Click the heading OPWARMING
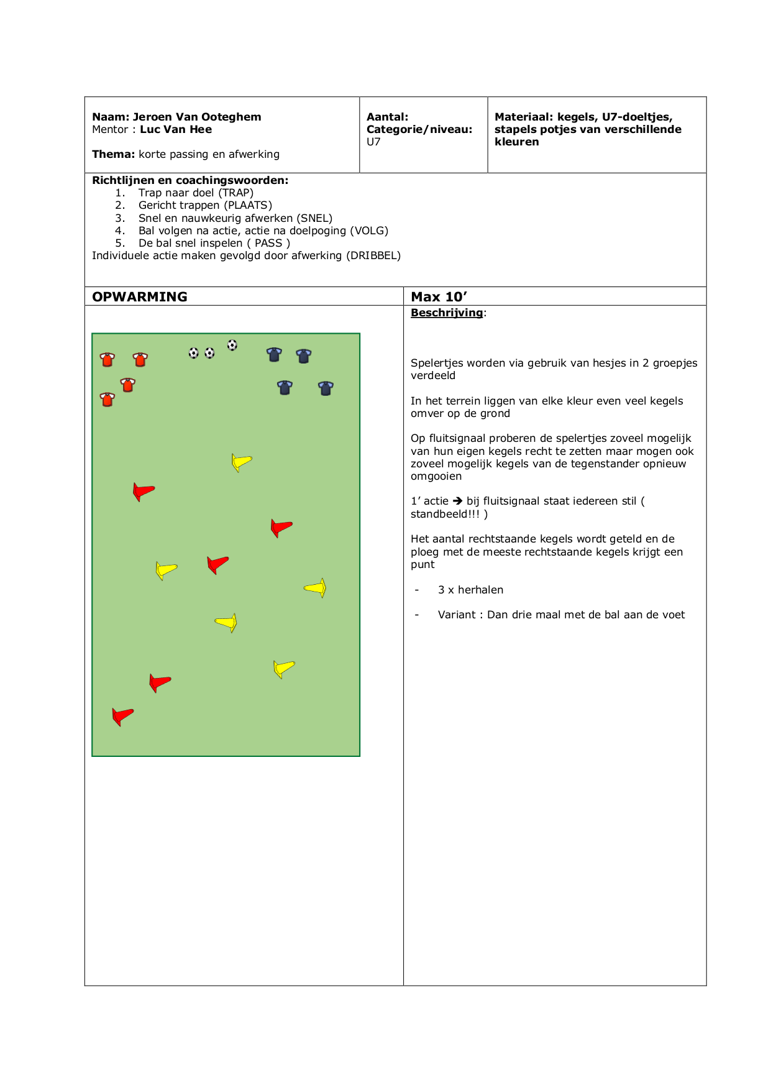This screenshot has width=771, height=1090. click(x=140, y=297)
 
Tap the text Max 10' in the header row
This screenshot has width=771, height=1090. click(x=439, y=297)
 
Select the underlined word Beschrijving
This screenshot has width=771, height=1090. click(x=447, y=313)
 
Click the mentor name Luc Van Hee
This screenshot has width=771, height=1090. click(x=176, y=129)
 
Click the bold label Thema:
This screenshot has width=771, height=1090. click(x=113, y=154)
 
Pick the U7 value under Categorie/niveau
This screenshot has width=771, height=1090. click(x=373, y=142)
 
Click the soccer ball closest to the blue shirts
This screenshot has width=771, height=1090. click(x=232, y=345)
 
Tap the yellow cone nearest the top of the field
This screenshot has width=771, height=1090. click(x=241, y=462)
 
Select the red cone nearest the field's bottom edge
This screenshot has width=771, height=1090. click(x=122, y=716)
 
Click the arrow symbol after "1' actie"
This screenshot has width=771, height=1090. click(x=457, y=501)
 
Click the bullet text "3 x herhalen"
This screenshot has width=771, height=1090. click(x=470, y=590)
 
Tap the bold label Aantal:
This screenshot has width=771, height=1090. click(x=388, y=117)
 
